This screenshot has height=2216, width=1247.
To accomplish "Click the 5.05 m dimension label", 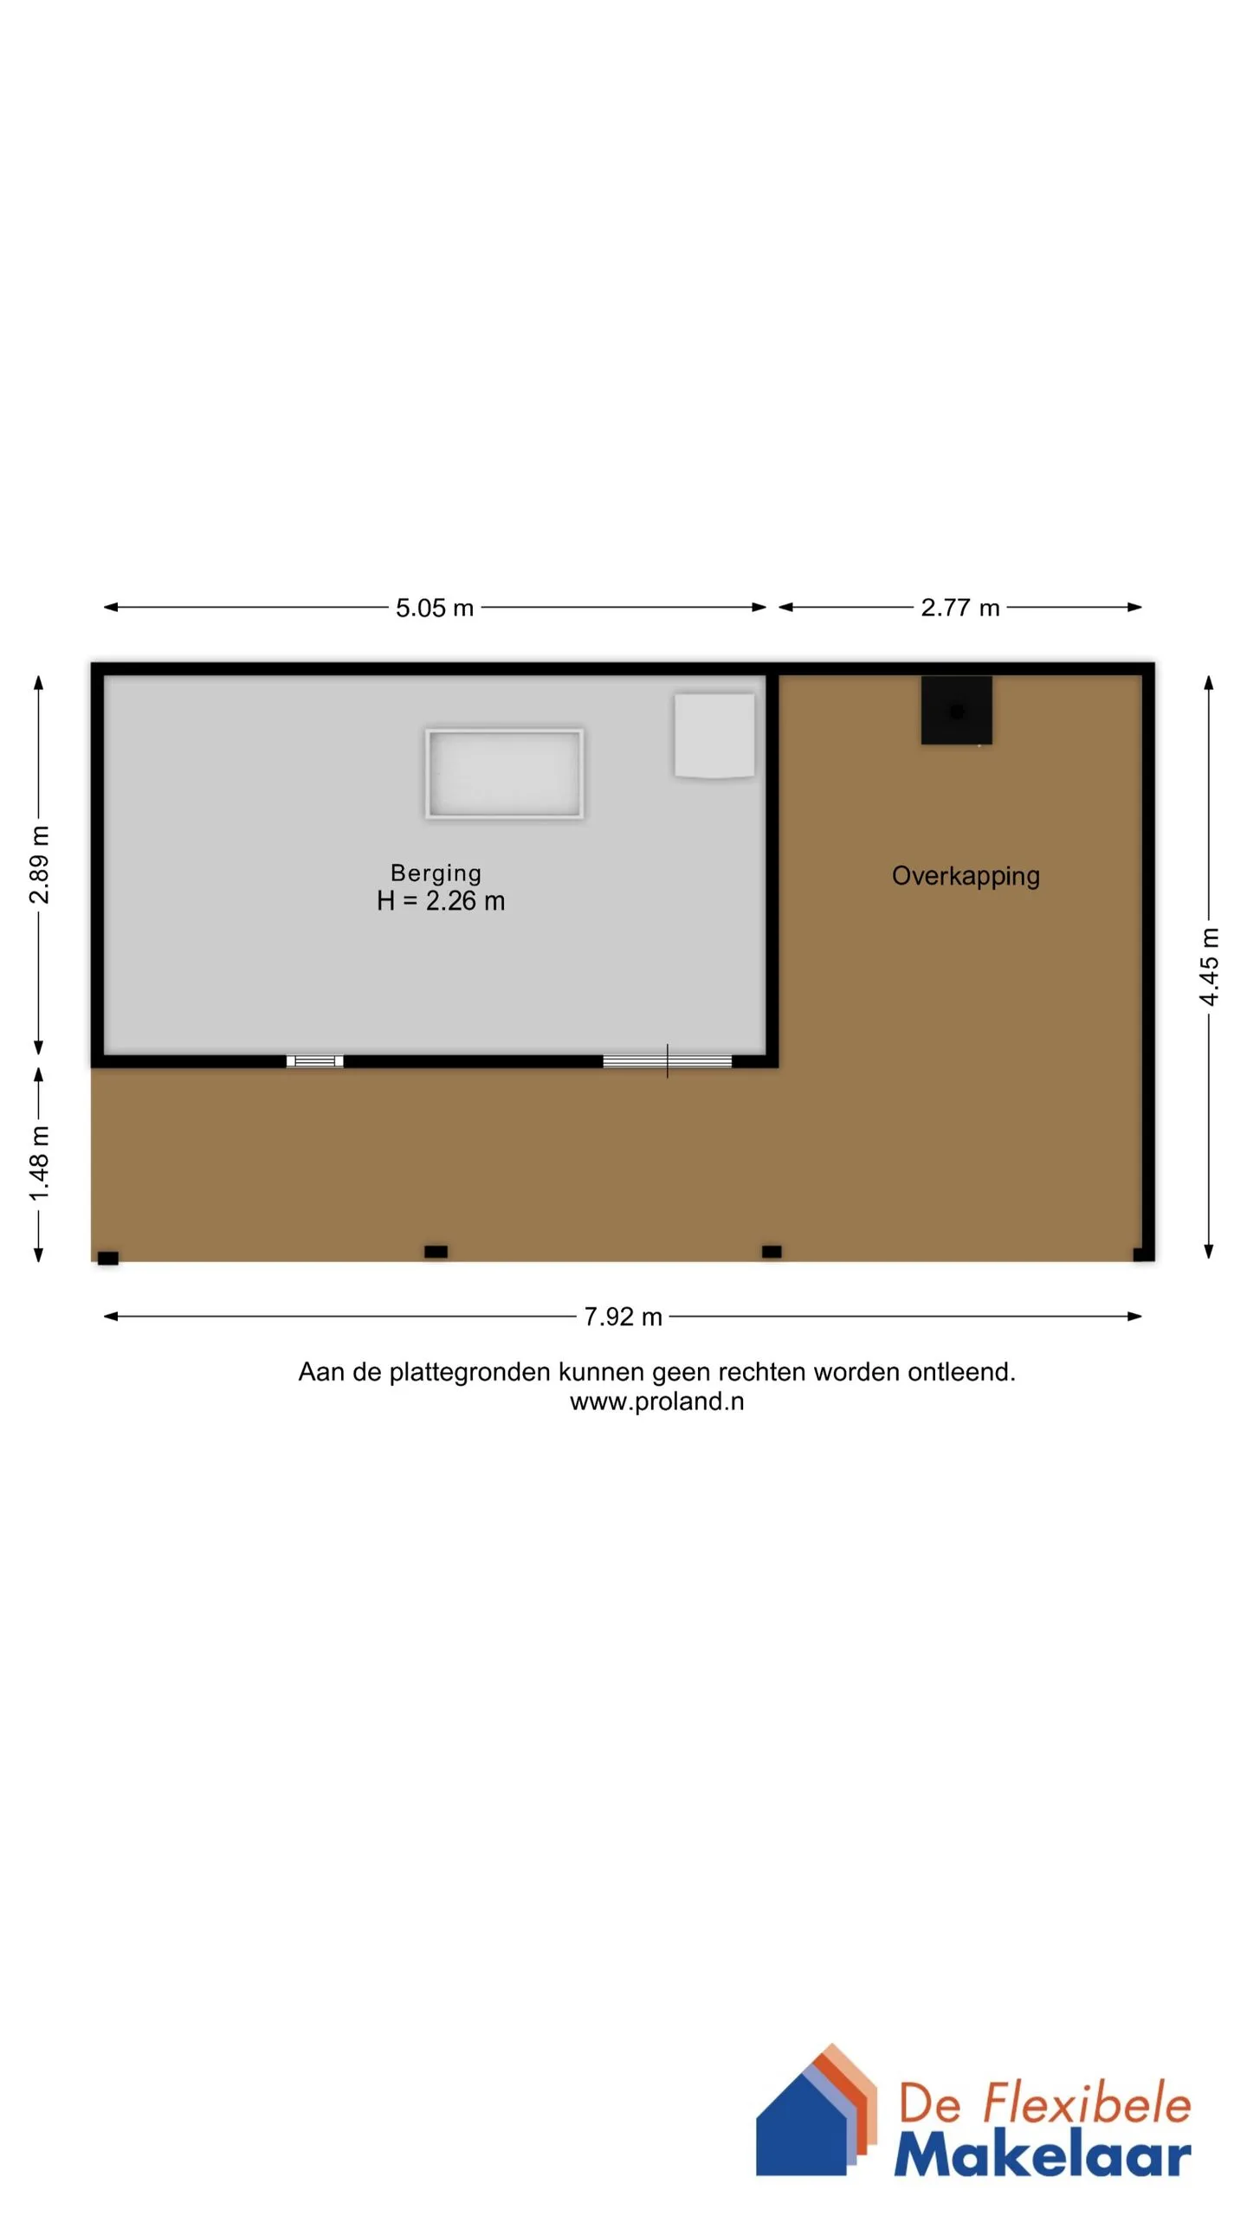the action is click(x=435, y=608).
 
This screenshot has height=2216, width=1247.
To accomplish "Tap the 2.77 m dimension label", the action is click(x=960, y=608).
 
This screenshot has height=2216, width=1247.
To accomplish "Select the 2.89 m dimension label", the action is click(x=40, y=864).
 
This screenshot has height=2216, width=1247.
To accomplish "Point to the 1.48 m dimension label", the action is click(x=40, y=1163).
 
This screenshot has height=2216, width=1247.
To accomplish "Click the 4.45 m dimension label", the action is click(x=1209, y=966).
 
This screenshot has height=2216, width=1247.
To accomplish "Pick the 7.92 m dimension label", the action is click(x=623, y=1317).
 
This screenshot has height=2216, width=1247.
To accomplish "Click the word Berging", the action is click(x=436, y=873).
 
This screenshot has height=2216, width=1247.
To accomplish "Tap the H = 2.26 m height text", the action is click(x=441, y=901).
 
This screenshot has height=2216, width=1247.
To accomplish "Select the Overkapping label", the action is click(x=966, y=876).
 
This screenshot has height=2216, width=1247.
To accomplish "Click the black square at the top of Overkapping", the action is click(x=956, y=710).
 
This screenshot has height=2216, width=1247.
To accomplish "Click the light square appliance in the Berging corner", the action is click(x=714, y=736).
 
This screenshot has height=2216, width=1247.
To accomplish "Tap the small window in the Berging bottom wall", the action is click(x=315, y=1061).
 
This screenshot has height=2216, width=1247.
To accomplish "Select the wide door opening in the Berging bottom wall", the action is click(x=668, y=1061).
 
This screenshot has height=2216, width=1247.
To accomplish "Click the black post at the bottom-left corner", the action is click(x=108, y=1258).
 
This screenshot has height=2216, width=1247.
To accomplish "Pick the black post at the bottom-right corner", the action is click(x=1143, y=1254).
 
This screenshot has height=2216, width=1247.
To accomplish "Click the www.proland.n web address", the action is click(x=657, y=1401).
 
